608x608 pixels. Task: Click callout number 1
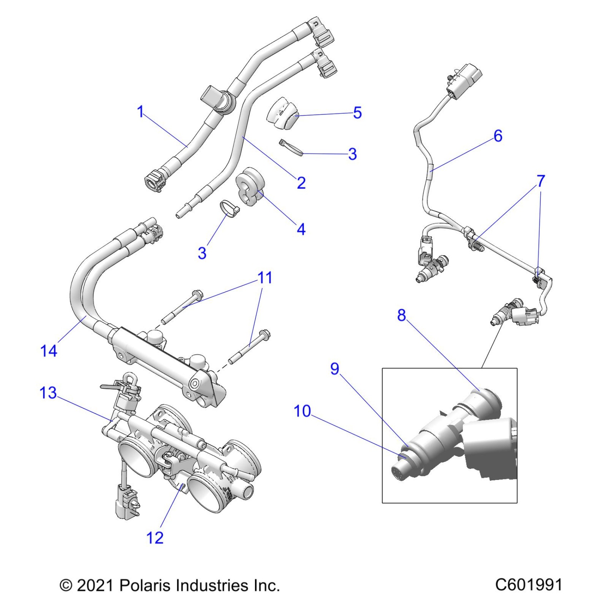click(x=141, y=112)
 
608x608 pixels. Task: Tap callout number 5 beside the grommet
click(x=357, y=113)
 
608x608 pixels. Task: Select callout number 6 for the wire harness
click(x=498, y=136)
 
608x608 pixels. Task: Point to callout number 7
click(x=541, y=181)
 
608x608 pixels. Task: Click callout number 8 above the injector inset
click(x=402, y=315)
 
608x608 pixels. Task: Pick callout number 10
click(x=302, y=411)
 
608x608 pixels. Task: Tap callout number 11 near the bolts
click(x=265, y=278)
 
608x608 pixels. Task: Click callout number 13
click(x=48, y=393)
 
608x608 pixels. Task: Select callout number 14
click(x=49, y=351)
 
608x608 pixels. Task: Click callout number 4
click(x=301, y=229)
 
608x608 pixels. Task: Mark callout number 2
click(x=301, y=183)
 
